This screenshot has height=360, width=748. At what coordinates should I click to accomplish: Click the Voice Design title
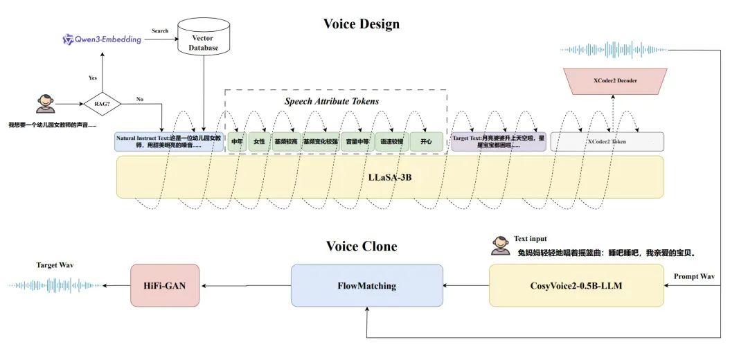tap(361, 24)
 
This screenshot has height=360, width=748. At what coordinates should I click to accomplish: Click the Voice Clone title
tap(361, 246)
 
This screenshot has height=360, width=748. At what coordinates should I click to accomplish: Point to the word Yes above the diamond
tap(93, 78)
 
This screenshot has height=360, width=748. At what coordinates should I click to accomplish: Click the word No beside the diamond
tap(139, 100)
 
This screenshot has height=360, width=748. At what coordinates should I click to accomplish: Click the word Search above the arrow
tap(160, 31)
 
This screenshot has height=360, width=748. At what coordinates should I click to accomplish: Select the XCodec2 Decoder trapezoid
tap(615, 80)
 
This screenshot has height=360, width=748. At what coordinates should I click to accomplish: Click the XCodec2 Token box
tap(607, 142)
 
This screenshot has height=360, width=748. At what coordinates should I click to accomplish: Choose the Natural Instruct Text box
tap(169, 142)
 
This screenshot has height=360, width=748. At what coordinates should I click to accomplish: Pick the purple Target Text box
tap(498, 142)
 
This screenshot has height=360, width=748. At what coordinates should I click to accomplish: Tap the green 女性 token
tap(259, 142)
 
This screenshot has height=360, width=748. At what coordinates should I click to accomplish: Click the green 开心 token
tap(425, 142)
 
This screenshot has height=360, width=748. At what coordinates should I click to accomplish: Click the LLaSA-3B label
tap(389, 177)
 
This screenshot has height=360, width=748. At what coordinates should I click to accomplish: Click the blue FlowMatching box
tap(366, 285)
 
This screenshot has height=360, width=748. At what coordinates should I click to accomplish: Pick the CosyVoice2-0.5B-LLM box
tap(576, 285)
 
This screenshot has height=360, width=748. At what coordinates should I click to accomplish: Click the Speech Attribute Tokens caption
tap(332, 101)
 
